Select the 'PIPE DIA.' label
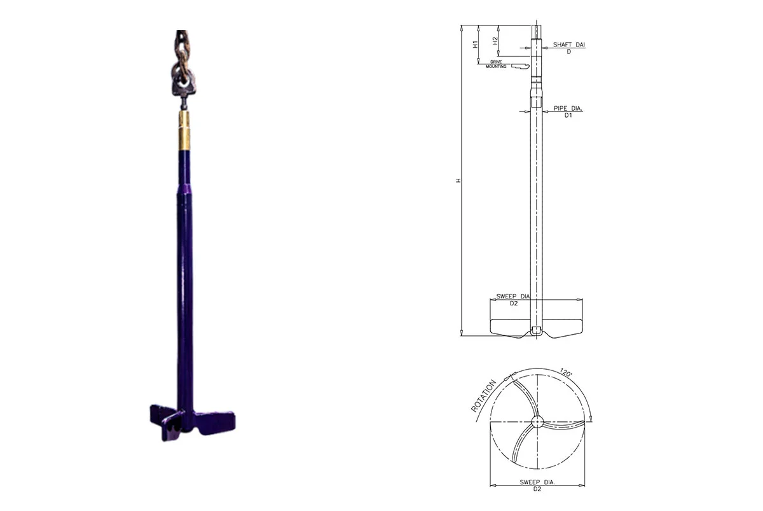tap(568, 109)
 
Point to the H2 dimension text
tap(495, 41)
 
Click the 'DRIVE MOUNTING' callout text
tap(496, 64)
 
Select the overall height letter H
tap(457, 181)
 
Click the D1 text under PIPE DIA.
tap(568, 116)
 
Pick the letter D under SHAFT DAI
tap(568, 52)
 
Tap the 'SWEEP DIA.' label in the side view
tap(513, 297)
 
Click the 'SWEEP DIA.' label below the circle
tap(537, 482)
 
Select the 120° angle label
tap(564, 373)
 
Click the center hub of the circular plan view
tap(537, 421)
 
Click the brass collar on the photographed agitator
tap(184, 131)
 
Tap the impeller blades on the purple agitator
tap(184, 420)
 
